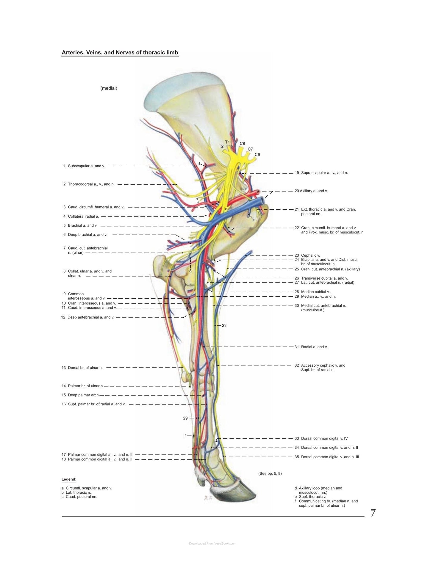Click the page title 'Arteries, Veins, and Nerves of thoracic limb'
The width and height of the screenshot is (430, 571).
pyautogui.click(x=120, y=53)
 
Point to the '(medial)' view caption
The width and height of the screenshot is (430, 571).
pyautogui.click(x=109, y=88)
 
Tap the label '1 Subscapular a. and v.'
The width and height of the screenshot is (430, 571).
pyautogui.click(x=84, y=166)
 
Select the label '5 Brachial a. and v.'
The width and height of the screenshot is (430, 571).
pyautogui.click(x=80, y=225)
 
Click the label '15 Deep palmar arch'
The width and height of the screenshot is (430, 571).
pyautogui.click(x=80, y=395)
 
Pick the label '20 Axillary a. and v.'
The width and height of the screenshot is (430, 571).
pyautogui.click(x=311, y=191)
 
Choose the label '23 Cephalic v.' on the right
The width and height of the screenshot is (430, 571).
pyautogui.click(x=307, y=255)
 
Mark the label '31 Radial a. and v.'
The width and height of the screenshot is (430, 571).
pyautogui.click(x=311, y=347)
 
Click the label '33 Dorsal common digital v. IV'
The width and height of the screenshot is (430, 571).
pyautogui.click(x=321, y=438)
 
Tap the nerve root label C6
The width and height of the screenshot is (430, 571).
pyautogui.click(x=257, y=155)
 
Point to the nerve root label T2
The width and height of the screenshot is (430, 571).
pyautogui.click(x=221, y=146)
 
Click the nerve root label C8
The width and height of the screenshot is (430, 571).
pyautogui.click(x=243, y=143)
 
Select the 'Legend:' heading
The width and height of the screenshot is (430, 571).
pyautogui.click(x=69, y=479)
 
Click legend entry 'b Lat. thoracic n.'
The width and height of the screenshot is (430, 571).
pyautogui.click(x=76, y=492)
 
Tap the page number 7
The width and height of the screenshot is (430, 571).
pyautogui.click(x=373, y=513)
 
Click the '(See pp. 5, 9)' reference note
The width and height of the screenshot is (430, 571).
pyautogui.click(x=270, y=473)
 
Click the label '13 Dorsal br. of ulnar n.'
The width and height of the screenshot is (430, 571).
pyautogui.click(x=82, y=368)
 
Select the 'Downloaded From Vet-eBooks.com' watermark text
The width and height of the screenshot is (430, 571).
pyautogui.click(x=212, y=543)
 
